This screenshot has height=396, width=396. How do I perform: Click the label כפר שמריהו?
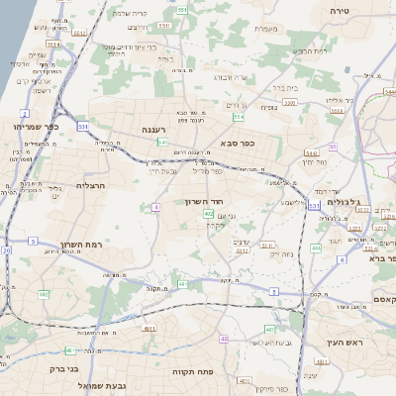[38, 127]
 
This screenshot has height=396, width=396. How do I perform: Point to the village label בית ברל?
[285, 87]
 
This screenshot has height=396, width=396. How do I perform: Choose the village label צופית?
[268, 107]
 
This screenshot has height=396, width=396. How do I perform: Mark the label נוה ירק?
[282, 254]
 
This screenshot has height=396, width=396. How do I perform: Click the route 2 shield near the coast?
[24, 114]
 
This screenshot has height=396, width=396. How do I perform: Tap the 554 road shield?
[239, 117]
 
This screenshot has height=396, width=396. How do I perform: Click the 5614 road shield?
[52, 44]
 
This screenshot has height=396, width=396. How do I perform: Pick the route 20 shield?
[7, 250]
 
